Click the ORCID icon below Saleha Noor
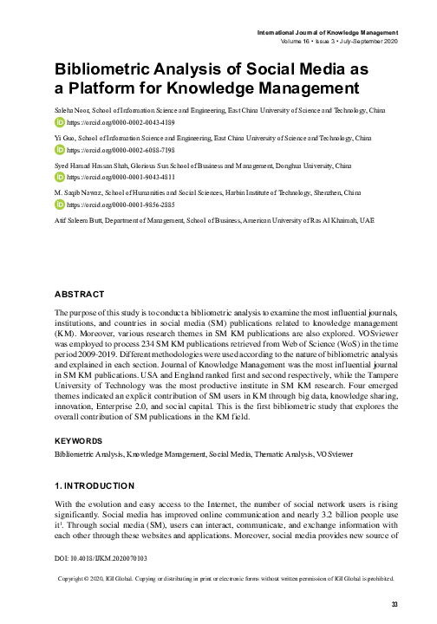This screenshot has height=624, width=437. pyautogui.click(x=59, y=123)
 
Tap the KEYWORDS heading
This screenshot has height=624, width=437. pyautogui.click(x=79, y=441)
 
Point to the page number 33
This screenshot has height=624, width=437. pyautogui.click(x=395, y=604)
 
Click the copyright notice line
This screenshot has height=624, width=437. pyautogui.click(x=226, y=577)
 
